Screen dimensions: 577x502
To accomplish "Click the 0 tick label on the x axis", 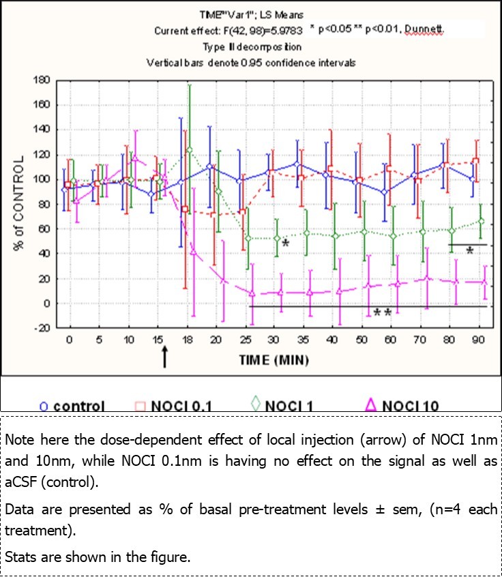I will [68, 340].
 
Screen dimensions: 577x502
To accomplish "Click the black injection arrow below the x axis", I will [164, 355].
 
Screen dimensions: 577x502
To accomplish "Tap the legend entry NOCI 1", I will [282, 406].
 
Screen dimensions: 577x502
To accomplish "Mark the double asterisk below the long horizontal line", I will [382, 314].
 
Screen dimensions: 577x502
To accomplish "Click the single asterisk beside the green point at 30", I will [286, 243].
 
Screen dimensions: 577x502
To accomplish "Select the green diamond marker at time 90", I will [482, 221].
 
